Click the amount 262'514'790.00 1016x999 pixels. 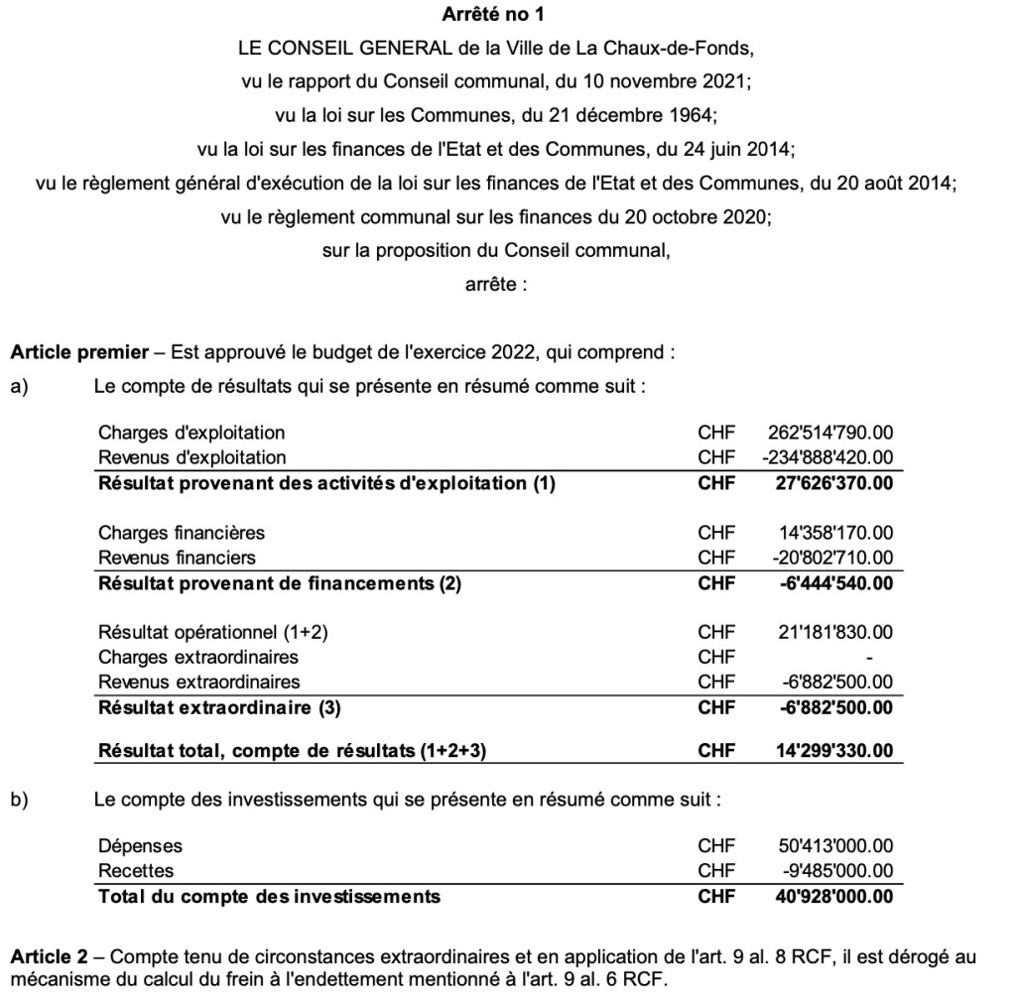[x=830, y=433]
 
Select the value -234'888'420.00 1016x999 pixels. [x=827, y=457]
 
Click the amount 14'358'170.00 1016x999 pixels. [x=836, y=533]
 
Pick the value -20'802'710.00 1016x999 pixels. [x=833, y=558]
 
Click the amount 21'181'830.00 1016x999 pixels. [x=836, y=632]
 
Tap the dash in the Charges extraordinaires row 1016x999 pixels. [x=869, y=658]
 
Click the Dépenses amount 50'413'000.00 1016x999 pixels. [x=836, y=846]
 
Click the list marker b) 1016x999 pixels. [x=18, y=799]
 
